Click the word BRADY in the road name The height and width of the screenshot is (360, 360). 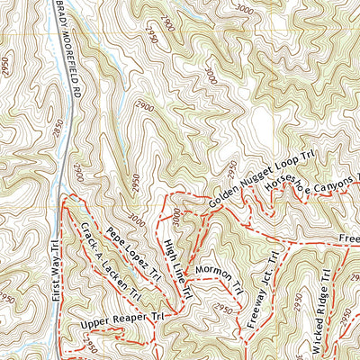coord(62,11)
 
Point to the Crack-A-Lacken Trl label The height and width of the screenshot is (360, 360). coord(106,259)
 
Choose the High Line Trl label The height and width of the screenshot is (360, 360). coord(176,262)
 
